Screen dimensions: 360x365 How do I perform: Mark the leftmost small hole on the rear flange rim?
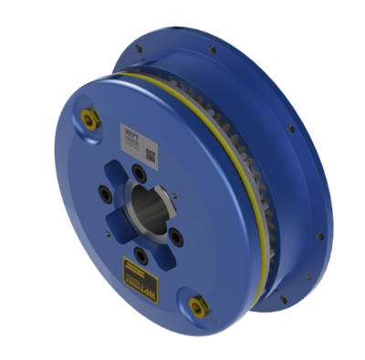pyautogui.click(x=138, y=49)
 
